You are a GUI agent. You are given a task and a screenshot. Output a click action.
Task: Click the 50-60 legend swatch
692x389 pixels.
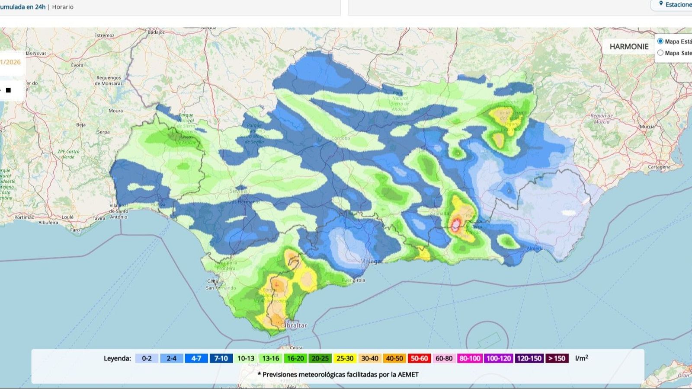[x=419, y=358]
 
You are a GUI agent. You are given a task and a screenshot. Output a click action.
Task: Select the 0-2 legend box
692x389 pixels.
[x=147, y=358]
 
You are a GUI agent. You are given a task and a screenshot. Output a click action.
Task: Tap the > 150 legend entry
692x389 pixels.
[x=557, y=358]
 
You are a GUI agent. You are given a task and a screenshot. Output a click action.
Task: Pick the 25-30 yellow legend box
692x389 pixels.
[x=345, y=358]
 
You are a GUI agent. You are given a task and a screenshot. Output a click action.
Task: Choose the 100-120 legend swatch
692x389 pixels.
[x=499, y=358]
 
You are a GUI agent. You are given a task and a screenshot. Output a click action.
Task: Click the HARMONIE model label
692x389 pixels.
[x=629, y=47]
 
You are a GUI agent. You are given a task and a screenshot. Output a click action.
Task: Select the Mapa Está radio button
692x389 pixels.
[x=660, y=41]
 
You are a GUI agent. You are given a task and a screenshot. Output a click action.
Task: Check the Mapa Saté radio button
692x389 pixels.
[x=660, y=53]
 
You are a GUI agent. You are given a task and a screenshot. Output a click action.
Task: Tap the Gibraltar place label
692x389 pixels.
[x=294, y=325]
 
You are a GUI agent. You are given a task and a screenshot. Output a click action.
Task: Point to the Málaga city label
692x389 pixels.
[x=371, y=261]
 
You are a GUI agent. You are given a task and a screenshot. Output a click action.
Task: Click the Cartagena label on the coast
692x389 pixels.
[x=659, y=167]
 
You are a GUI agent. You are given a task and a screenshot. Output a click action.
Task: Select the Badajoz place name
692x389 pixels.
[x=156, y=32]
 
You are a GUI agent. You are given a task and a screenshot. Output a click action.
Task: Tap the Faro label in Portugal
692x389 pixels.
[x=75, y=230]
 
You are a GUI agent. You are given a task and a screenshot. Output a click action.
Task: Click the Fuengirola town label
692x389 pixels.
[x=353, y=280]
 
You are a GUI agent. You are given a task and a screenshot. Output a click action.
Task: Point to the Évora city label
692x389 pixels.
[x=77, y=65]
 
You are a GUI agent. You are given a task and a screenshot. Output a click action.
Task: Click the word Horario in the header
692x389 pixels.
[x=63, y=7]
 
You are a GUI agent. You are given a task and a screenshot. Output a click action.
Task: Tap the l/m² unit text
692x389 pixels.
[x=581, y=358]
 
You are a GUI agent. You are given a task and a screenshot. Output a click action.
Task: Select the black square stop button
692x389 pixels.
[x=8, y=90]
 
